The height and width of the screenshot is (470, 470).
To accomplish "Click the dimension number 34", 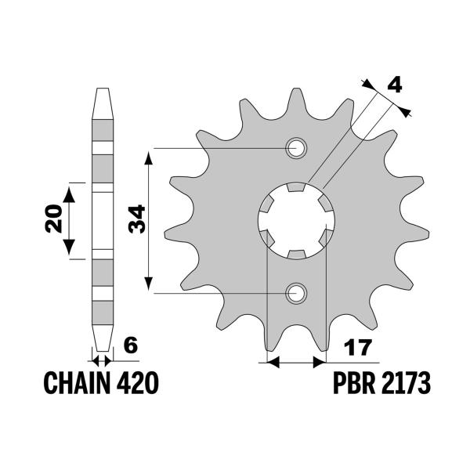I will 135,220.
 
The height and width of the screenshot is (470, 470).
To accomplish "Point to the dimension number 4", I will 395,84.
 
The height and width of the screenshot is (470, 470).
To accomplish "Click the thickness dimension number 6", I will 130,345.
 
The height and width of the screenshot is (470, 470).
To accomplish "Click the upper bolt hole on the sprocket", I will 296,147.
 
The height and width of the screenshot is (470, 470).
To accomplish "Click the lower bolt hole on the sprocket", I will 296,293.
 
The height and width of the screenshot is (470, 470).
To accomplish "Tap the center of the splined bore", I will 296,220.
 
